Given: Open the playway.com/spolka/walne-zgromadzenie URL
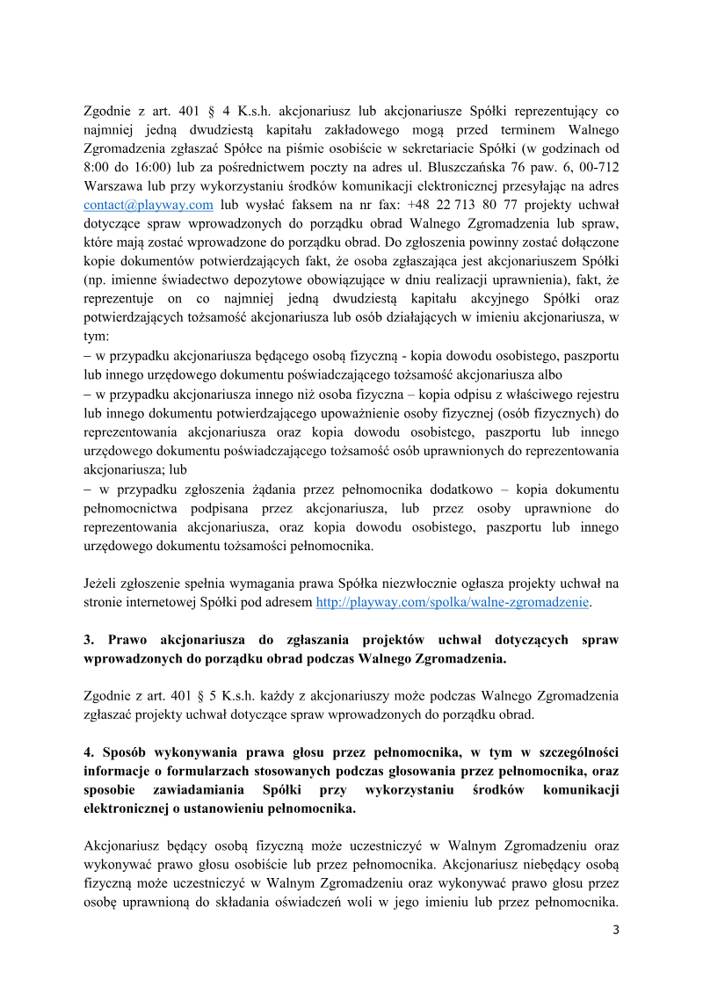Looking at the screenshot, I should point(453,602).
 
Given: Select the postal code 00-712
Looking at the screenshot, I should point(600,167).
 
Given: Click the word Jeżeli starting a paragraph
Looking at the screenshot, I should point(103,584).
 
